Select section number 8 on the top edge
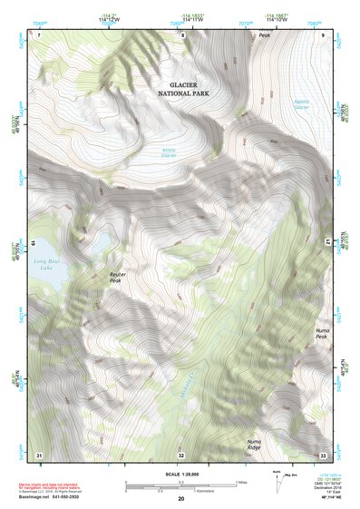click(x=181, y=35)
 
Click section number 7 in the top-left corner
click(x=40, y=34)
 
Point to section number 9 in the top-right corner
click(x=323, y=34)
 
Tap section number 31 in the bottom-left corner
click(x=39, y=454)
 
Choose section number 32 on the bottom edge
click(x=181, y=455)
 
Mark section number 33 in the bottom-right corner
click(x=323, y=455)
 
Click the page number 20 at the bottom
click(x=181, y=499)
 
